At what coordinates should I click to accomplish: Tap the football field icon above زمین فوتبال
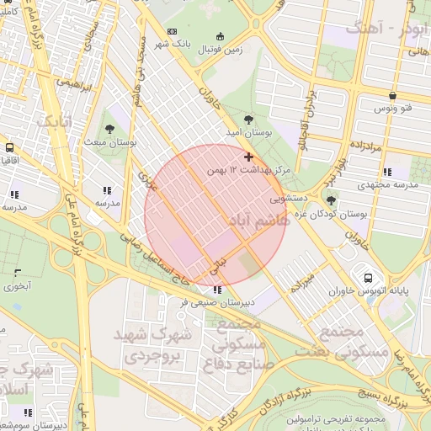[221, 36]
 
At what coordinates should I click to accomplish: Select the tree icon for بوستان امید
[247, 120]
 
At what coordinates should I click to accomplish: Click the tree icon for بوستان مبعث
[110, 129]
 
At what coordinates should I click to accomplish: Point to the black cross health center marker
[248, 157]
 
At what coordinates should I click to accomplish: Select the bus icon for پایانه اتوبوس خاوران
[368, 278]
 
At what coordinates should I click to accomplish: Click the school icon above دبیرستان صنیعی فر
[218, 290]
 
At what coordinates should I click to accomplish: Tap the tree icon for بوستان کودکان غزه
[331, 200]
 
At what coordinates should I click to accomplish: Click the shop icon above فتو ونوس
[392, 95]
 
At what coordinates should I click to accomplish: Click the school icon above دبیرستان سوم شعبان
[28, 412]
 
